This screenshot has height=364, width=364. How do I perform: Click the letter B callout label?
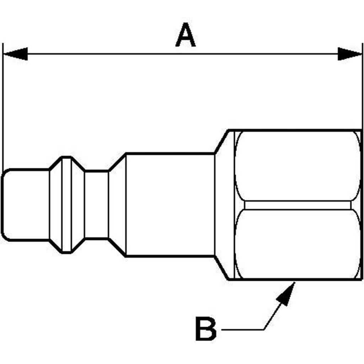click(205, 330)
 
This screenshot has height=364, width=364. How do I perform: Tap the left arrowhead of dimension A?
click(16, 54)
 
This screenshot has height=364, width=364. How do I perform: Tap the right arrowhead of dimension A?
click(349, 54)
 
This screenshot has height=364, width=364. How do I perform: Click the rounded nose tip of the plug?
click(4, 205)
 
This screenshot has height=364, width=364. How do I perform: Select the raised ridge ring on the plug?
click(66, 205)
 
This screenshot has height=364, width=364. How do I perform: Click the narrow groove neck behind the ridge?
click(96, 205)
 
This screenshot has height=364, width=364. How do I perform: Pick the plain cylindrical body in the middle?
click(170, 205)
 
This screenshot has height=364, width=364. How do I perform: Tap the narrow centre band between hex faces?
click(298, 205)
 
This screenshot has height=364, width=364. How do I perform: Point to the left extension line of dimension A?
click(3, 107)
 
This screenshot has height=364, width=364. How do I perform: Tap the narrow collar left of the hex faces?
click(225, 205)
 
